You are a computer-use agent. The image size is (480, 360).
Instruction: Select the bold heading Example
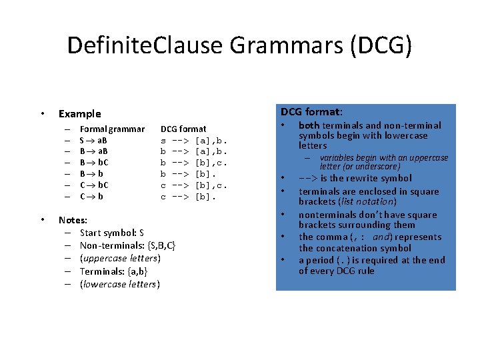pos(80,113)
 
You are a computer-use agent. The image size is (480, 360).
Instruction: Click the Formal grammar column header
pos(111,129)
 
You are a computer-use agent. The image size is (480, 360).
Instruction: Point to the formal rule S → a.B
pos(94,140)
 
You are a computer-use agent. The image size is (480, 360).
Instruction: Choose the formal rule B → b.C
pos(94,163)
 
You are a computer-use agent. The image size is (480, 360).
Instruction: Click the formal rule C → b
pos(91,197)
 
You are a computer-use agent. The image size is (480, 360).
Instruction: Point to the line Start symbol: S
pos(111,233)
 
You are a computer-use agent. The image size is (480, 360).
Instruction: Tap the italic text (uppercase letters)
pos(120,258)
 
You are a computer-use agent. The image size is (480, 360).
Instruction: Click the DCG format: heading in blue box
pos(311,111)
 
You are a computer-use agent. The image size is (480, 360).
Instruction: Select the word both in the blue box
pos(309,125)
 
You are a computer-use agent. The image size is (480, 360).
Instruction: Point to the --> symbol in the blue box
pos(308,179)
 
